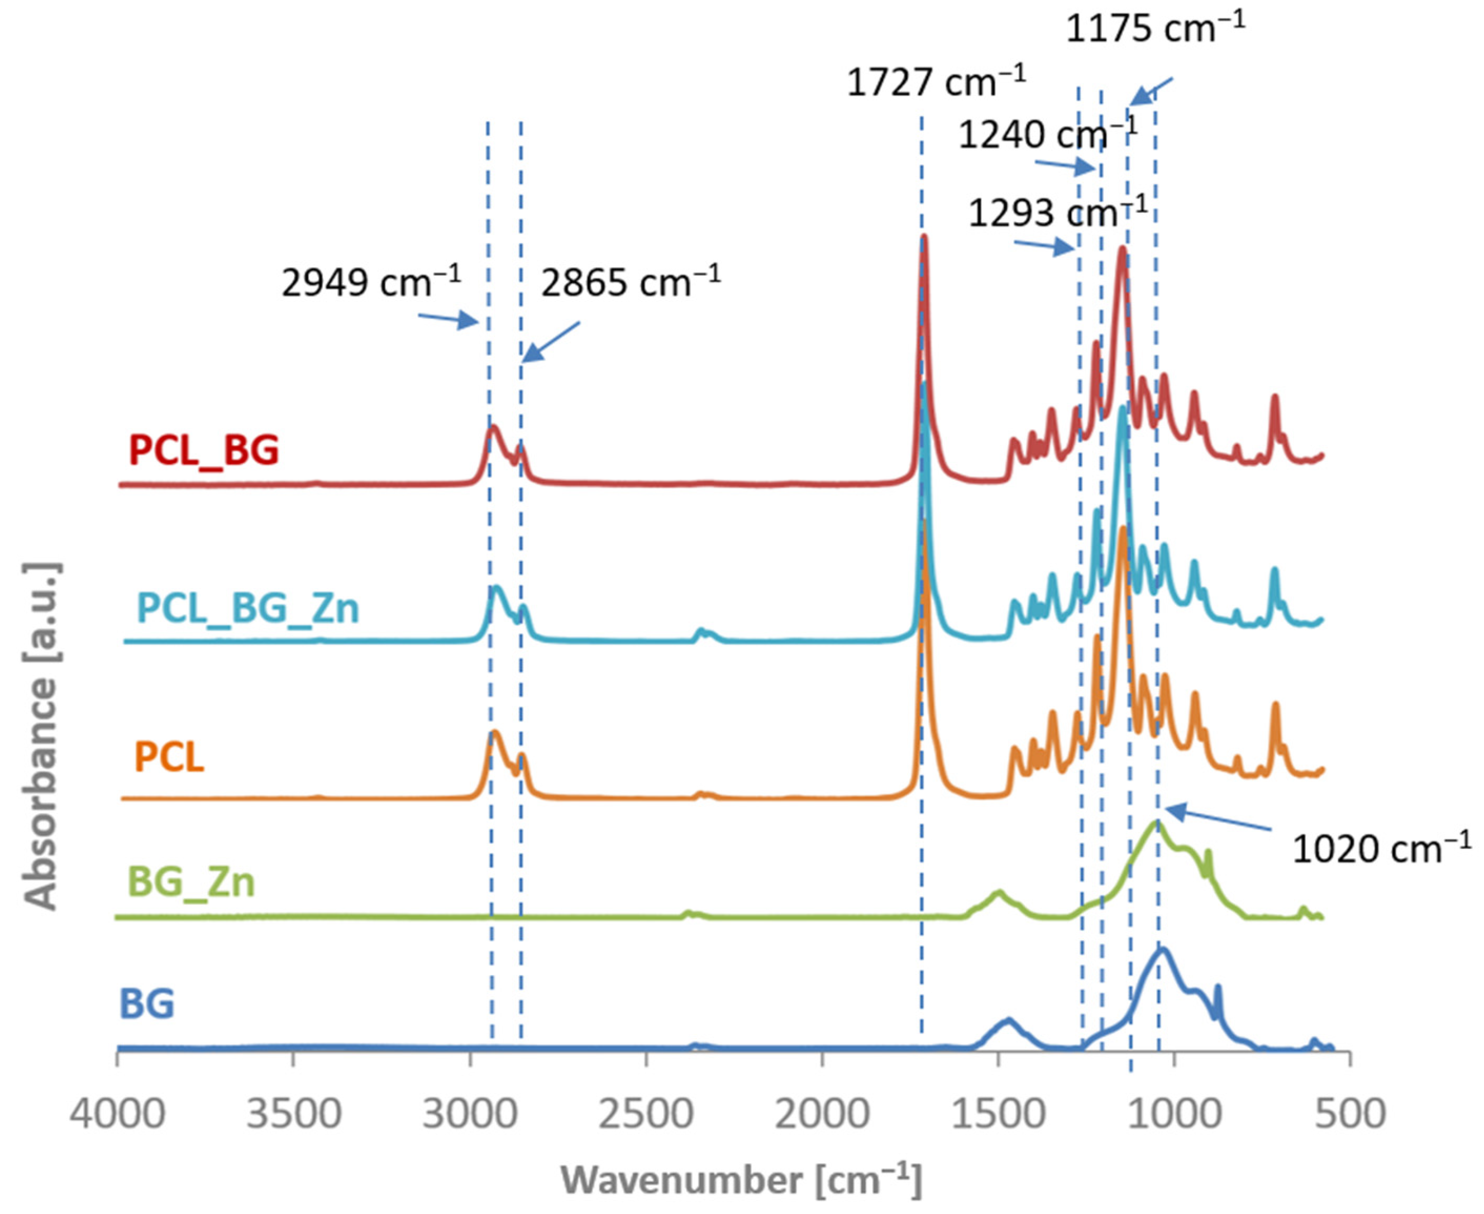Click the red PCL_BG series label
click(204, 450)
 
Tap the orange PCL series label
click(169, 757)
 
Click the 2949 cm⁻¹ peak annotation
click(371, 283)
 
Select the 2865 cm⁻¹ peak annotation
click(630, 283)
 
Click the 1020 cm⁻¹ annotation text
click(1381, 849)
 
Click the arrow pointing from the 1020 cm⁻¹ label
click(1217, 820)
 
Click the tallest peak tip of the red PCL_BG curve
click(924, 238)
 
